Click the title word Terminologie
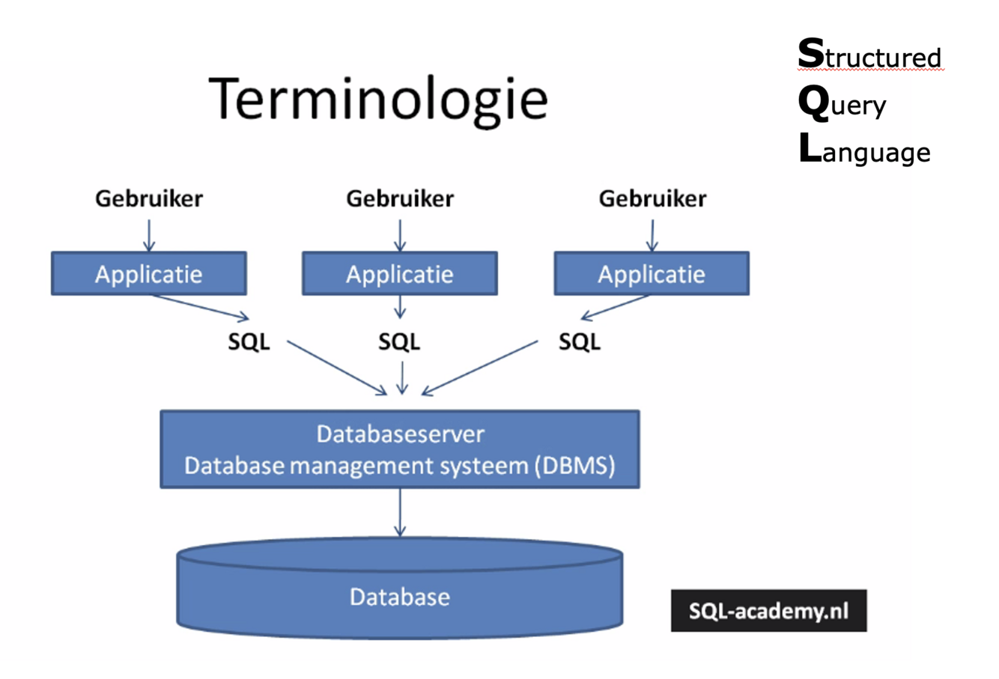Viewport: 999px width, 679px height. (x=379, y=100)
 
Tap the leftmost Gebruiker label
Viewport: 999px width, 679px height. (x=148, y=198)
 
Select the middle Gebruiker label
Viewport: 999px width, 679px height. (x=399, y=198)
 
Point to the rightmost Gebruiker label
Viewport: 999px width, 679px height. (x=652, y=198)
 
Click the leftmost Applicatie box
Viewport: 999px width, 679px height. (x=148, y=273)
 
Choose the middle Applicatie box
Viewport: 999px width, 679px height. (x=399, y=273)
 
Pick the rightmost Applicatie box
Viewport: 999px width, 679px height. (x=651, y=273)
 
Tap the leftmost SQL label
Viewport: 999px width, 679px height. (x=249, y=342)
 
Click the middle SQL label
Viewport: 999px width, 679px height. (x=399, y=342)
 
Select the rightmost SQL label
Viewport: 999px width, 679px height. (x=579, y=342)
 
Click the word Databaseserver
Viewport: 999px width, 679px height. (x=400, y=433)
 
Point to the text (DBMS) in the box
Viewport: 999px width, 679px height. (x=575, y=466)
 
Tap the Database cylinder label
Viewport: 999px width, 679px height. (x=400, y=597)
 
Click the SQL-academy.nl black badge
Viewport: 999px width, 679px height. (x=768, y=611)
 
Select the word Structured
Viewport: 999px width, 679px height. (x=869, y=56)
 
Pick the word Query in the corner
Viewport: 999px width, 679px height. (x=842, y=104)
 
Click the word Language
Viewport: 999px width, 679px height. (x=864, y=151)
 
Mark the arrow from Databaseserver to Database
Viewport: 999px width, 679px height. (x=400, y=513)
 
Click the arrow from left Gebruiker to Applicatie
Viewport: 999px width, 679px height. (x=148, y=235)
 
